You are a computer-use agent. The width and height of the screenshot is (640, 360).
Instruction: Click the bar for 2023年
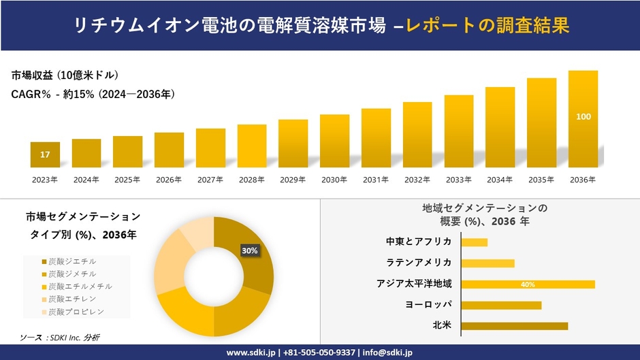45,154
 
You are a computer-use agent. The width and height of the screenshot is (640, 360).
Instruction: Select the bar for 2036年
583,119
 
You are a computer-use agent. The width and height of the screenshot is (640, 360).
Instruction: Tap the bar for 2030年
334,141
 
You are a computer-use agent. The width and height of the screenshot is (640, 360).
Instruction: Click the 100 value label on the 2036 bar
583,117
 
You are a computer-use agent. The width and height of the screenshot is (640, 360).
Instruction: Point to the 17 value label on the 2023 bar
45,155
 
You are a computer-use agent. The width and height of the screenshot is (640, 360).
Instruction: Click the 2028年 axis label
251,180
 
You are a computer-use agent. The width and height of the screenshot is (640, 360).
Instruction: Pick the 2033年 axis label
458,180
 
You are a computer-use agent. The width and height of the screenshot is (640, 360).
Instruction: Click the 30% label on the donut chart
250,250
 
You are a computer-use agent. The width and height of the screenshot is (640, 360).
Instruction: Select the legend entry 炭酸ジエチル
69,261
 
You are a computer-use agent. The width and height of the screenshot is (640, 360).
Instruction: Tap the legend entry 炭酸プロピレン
73,312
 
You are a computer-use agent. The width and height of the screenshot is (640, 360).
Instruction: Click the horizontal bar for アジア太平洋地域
528,284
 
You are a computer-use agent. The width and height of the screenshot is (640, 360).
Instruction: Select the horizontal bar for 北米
514,326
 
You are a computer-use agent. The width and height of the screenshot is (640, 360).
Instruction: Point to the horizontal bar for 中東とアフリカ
474,242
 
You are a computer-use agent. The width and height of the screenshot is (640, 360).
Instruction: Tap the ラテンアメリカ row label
419,263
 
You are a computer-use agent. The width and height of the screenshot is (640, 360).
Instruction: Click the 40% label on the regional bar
528,284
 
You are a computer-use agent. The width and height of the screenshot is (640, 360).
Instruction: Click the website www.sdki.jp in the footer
251,353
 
